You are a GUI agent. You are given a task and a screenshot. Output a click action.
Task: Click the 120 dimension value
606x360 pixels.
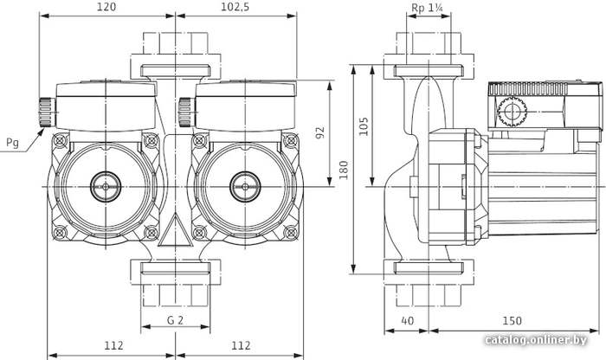(x=106, y=7)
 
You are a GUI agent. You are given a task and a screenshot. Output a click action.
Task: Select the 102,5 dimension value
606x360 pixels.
(x=235, y=7)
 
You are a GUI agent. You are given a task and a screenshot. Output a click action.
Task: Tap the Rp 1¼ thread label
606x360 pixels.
(x=427, y=7)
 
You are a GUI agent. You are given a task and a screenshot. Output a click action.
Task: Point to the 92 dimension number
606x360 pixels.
(x=320, y=132)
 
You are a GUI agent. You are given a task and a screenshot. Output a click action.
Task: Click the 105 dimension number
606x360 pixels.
(x=364, y=126)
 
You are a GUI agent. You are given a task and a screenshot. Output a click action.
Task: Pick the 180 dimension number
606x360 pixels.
(x=343, y=170)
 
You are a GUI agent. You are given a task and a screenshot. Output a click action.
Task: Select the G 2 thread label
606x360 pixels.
(x=175, y=320)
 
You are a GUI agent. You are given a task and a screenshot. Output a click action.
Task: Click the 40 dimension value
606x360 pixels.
(x=408, y=320)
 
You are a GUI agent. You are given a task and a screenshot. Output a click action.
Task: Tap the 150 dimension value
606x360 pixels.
(x=512, y=320)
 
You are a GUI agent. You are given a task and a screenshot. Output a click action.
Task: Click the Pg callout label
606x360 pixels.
(x=12, y=143)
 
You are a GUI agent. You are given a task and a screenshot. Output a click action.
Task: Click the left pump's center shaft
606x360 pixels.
(x=106, y=187)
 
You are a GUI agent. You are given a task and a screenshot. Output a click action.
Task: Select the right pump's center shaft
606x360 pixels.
(x=245, y=187)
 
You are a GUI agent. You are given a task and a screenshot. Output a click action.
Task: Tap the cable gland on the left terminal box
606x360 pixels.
(x=47, y=112)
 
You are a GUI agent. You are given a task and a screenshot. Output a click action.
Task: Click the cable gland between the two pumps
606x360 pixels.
(x=187, y=112)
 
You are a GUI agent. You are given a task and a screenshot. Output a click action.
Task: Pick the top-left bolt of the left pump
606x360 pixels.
(x=60, y=140)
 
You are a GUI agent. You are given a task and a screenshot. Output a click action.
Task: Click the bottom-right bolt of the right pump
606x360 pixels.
(x=290, y=233)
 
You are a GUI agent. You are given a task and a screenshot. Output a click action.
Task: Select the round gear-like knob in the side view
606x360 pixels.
(x=513, y=112)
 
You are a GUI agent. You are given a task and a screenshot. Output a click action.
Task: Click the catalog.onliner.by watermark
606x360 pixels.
(x=536, y=340)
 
